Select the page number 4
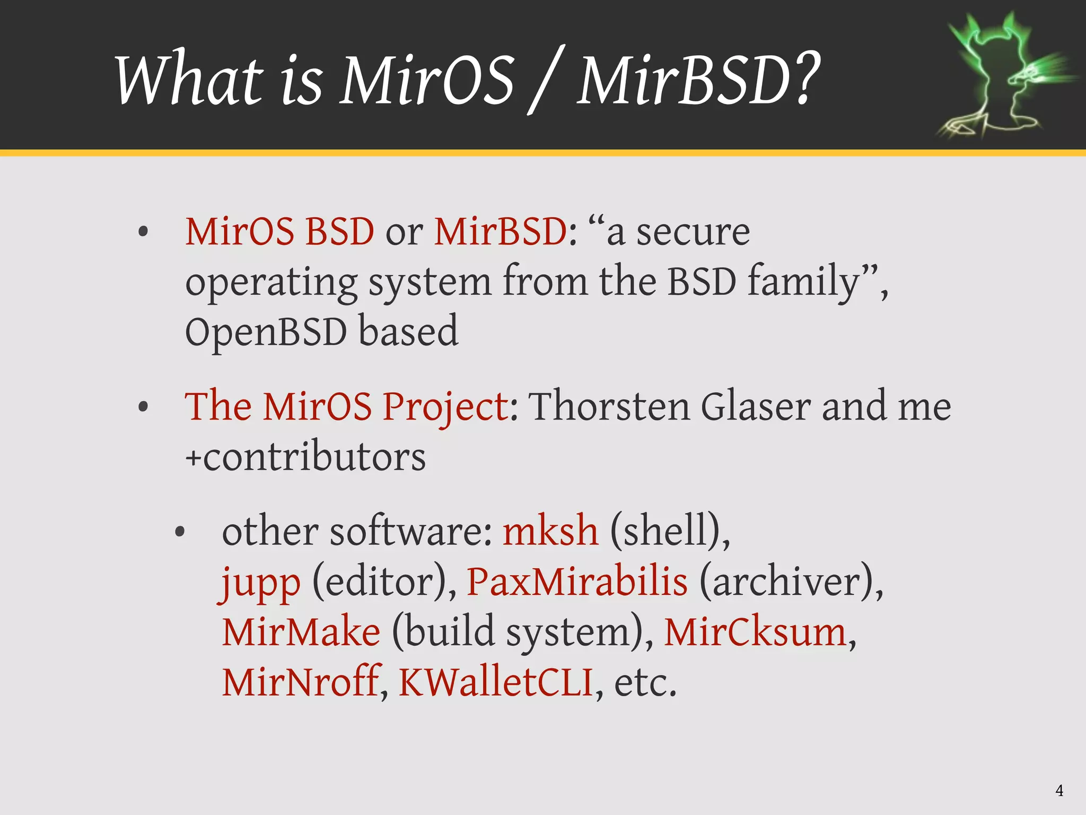1059,791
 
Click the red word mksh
550,531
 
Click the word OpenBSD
266,332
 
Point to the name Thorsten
610,406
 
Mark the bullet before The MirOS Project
143,407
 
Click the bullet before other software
180,532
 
